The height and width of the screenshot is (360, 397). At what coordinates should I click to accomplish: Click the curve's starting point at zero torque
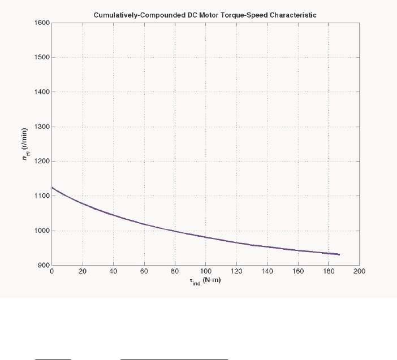[x=52, y=188]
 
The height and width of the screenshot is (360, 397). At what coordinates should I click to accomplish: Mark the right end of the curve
[x=339, y=254]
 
